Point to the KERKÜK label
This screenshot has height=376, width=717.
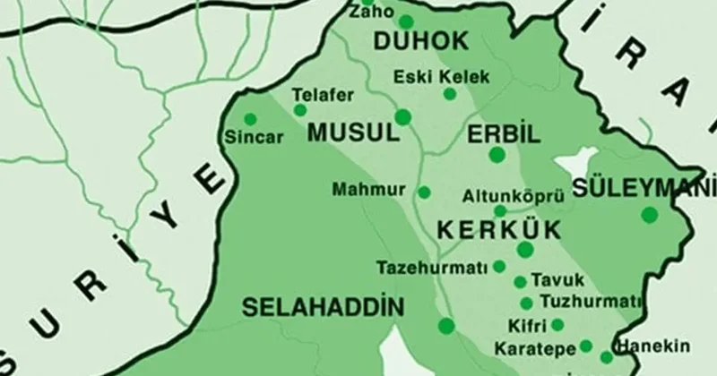(498, 229)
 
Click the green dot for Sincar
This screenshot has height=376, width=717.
(250, 119)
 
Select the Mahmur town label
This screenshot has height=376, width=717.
(368, 191)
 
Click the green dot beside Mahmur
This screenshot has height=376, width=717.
(424, 192)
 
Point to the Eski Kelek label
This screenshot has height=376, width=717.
(443, 76)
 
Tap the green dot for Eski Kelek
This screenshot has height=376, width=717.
(450, 93)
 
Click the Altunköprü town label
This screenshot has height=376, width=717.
(502, 193)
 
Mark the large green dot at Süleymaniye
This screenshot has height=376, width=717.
(648, 215)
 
